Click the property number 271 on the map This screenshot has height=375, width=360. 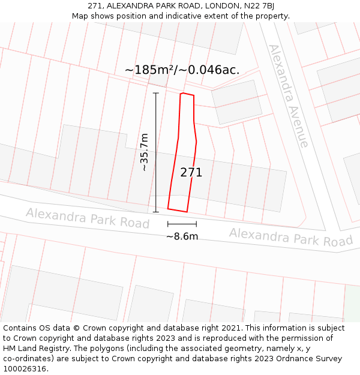pyautogui.click(x=191, y=173)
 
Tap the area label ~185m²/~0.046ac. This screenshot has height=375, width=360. pyautogui.click(x=182, y=70)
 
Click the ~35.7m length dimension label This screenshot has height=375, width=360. pyautogui.click(x=145, y=152)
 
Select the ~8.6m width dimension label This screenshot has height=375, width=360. pyautogui.click(x=182, y=236)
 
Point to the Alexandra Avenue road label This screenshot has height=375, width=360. pyautogui.click(x=288, y=96)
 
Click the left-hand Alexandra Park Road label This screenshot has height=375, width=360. pyautogui.click(x=88, y=218)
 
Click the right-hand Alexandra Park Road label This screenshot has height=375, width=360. pyautogui.click(x=291, y=237)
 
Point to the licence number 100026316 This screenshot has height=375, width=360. pyautogui.click(x=25, y=369)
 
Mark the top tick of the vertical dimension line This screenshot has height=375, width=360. pyautogui.click(x=156, y=93)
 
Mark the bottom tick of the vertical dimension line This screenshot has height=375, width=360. pyautogui.click(x=156, y=212)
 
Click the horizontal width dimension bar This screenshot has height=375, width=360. pyautogui.click(x=182, y=224)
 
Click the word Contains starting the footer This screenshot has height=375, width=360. pyautogui.click(x=21, y=328)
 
